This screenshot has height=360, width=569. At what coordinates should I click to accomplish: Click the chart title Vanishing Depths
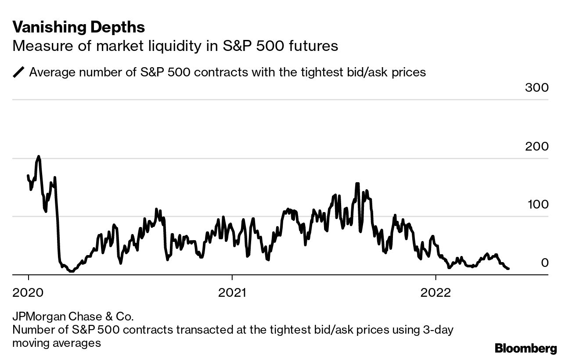79,27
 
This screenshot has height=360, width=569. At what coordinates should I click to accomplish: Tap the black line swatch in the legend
19,72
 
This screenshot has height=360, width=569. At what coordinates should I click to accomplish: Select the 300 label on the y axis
537,87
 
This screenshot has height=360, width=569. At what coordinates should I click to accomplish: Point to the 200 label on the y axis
537,146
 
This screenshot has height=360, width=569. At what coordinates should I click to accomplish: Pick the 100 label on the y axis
537,204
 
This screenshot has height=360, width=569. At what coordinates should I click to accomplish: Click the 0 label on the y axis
544,263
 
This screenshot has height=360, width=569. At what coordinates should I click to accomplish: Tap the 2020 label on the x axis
29,292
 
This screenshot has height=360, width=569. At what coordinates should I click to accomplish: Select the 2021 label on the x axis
232,292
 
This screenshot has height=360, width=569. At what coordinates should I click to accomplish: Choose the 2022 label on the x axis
435,292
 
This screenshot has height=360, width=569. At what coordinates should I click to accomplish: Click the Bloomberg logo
526,349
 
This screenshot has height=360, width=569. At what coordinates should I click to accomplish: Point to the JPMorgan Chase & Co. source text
72,316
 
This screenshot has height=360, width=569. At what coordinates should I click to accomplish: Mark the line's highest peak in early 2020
39,156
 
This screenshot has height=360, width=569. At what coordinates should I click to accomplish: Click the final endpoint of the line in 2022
508,269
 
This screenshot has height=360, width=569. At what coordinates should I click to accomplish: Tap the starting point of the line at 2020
28,176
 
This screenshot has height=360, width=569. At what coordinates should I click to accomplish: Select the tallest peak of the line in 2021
357,184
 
